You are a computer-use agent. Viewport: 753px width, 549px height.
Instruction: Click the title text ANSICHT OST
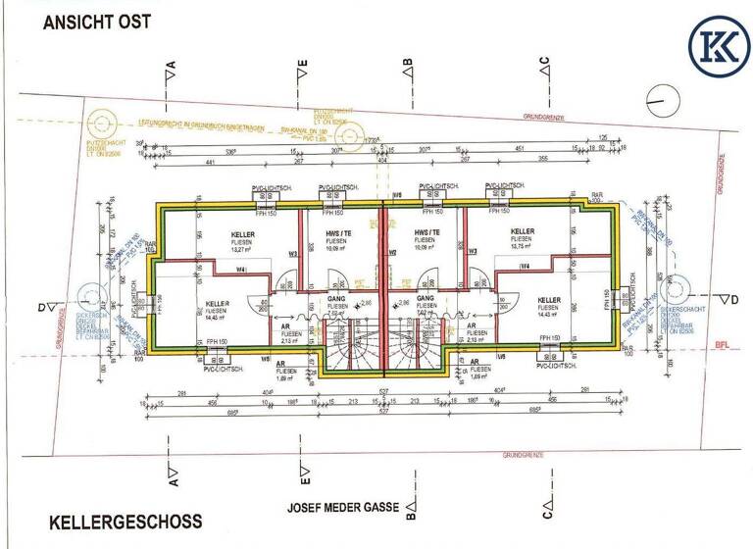tap(96, 21)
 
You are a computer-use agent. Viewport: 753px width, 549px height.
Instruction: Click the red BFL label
tap(724, 345)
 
